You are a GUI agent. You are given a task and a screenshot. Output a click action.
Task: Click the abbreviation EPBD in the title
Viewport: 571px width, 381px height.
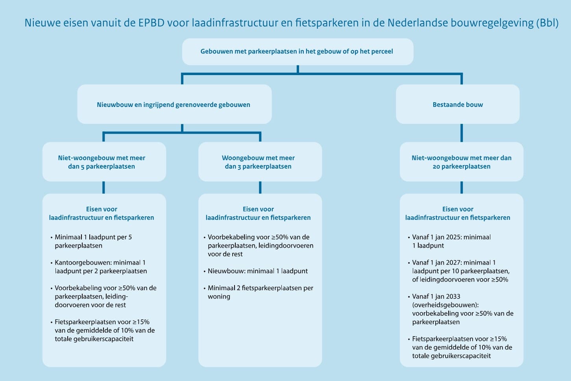(x=152, y=23)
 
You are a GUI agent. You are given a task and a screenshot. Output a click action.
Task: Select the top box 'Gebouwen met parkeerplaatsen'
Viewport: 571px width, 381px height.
(x=298, y=52)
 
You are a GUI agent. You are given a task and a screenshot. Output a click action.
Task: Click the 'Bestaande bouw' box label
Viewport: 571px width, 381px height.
(x=458, y=105)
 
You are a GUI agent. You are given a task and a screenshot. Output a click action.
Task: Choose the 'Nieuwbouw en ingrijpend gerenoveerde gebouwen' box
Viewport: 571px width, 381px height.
(x=174, y=104)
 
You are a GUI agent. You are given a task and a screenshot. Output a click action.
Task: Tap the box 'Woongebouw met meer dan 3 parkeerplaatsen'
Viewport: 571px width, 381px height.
(x=260, y=162)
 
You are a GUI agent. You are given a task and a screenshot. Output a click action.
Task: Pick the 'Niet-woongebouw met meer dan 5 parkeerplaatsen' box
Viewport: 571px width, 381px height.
(x=104, y=162)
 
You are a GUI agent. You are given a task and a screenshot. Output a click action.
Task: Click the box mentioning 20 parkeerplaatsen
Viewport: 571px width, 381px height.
(x=461, y=162)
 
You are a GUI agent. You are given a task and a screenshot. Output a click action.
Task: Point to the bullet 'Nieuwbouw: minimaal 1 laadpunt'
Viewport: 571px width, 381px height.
(x=256, y=271)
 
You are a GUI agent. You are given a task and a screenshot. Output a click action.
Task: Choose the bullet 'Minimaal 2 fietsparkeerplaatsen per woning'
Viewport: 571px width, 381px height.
(x=259, y=292)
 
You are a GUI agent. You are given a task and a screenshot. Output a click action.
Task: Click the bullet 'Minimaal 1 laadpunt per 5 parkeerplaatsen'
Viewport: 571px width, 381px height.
(x=91, y=241)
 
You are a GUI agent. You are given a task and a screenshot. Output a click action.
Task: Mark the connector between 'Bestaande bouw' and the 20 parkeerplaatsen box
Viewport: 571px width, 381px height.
(x=461, y=133)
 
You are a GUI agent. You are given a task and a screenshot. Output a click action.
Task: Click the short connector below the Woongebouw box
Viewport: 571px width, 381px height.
(x=260, y=188)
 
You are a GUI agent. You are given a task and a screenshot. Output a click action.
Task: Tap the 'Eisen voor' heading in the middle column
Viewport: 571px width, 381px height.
(x=258, y=209)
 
